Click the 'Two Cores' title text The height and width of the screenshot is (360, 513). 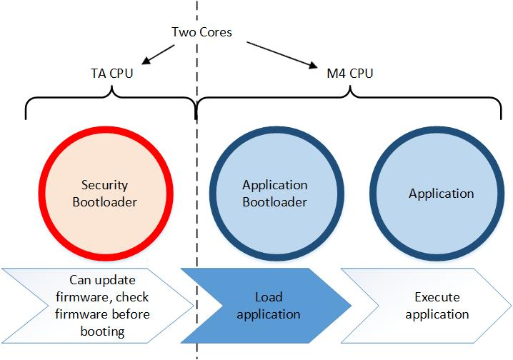click(x=201, y=32)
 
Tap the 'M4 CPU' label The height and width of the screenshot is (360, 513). click(x=349, y=73)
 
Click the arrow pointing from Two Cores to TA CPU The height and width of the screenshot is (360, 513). click(x=159, y=53)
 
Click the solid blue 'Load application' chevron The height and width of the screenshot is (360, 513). click(x=267, y=305)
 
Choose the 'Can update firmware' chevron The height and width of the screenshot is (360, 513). click(x=97, y=305)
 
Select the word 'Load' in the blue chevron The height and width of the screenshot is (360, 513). click(x=269, y=296)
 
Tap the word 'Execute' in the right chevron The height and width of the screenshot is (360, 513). click(x=437, y=296)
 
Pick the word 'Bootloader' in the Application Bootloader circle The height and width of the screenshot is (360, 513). click(x=274, y=202)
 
